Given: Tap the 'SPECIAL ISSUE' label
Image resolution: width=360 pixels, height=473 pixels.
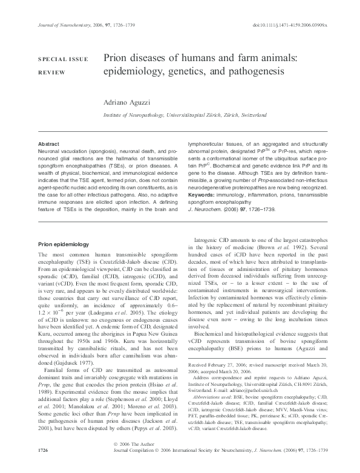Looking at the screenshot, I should pyautogui.click(x=64, y=59).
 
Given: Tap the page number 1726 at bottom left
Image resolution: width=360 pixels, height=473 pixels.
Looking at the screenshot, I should pyautogui.click(x=43, y=468).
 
